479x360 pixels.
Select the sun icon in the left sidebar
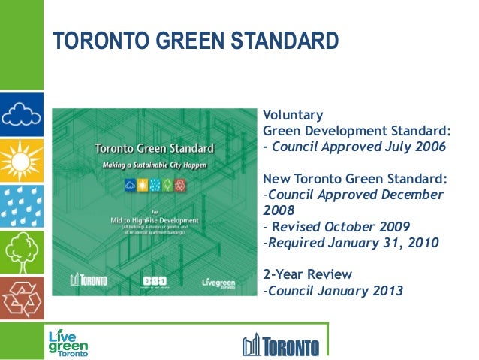coord(21,159)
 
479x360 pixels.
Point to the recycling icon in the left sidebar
coord(21,298)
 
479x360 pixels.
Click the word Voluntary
coord(293,115)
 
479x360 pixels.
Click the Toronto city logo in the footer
coord(281,346)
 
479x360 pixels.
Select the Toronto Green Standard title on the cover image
coord(155,149)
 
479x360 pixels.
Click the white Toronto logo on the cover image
coord(89,280)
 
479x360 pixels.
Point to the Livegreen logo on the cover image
coord(218,283)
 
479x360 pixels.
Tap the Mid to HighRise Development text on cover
coord(154,220)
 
